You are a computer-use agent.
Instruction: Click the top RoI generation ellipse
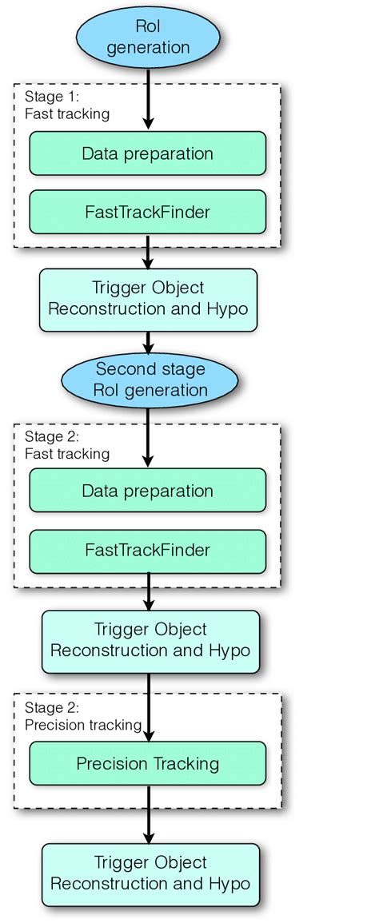click(148, 38)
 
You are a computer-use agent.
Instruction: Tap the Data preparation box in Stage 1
click(148, 153)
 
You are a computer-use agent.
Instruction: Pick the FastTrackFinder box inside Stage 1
click(148, 213)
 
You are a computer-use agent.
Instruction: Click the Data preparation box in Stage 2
click(148, 491)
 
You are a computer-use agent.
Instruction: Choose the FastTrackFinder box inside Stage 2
click(148, 550)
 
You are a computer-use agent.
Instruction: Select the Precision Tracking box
click(148, 763)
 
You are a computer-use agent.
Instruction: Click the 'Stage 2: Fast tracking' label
click(66, 446)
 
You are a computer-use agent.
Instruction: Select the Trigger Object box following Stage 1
click(148, 299)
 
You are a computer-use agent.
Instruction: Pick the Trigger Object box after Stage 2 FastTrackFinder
click(150, 640)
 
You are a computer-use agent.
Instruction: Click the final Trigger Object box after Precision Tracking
click(150, 873)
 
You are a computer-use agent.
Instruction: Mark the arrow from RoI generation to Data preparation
click(148, 99)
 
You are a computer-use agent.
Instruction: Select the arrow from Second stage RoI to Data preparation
click(148, 436)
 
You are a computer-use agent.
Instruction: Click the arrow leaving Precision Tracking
click(148, 814)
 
